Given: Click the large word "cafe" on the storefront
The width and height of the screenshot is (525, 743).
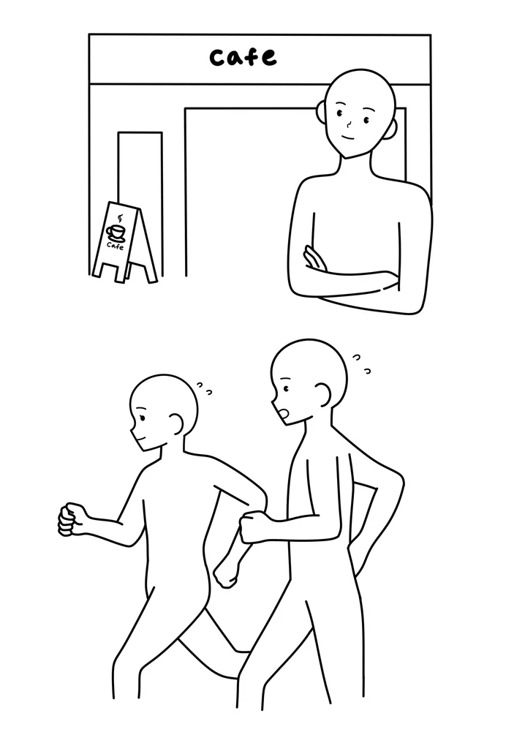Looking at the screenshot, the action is tap(243, 57).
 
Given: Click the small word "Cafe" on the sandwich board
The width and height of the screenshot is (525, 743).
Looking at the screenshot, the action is tap(115, 246).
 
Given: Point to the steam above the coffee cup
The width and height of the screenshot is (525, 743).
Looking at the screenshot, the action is tap(120, 219).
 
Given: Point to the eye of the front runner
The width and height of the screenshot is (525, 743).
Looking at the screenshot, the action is tap(142, 418).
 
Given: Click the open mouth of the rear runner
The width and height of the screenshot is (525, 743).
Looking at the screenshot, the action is tap(284, 414).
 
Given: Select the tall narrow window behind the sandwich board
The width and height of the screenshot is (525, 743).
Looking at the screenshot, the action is tap(140, 204).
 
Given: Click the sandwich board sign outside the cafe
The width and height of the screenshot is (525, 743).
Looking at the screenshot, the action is tap(124, 242).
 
